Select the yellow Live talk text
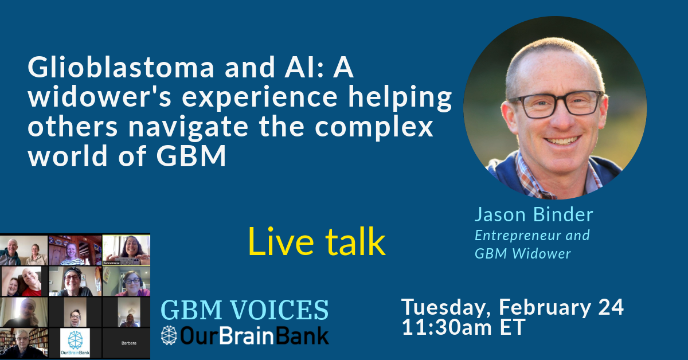[316, 242]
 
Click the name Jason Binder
[533, 215]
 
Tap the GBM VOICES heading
[245, 310]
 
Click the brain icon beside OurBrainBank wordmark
[170, 336]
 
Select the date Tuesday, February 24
[512, 307]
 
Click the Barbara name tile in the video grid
[126, 343]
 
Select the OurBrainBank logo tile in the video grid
[75, 343]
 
